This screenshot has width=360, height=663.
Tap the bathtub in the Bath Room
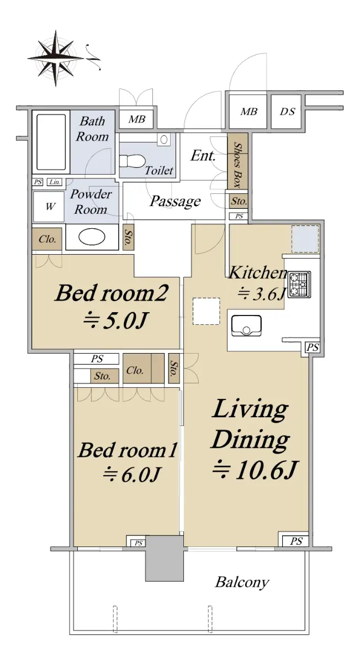[51, 142]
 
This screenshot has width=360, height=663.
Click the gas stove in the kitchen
[299, 285]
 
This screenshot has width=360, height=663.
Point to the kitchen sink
[246, 325]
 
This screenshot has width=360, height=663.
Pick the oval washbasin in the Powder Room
[92, 238]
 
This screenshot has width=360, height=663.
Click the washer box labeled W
[49, 206]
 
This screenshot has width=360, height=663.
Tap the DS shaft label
[288, 112]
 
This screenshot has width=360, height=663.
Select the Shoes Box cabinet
[237, 161]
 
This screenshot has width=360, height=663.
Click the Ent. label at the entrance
[203, 155]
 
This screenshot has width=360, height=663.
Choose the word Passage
[175, 202]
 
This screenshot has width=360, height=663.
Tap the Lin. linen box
[55, 182]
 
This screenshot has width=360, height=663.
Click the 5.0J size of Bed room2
[115, 320]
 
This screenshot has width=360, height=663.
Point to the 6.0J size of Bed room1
[131, 475]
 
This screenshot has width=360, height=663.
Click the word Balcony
[242, 582]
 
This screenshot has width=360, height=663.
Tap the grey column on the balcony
[164, 558]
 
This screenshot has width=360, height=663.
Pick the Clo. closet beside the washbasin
[47, 239]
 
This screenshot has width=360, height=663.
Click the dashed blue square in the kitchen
[305, 239]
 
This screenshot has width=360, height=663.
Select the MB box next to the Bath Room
[137, 119]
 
